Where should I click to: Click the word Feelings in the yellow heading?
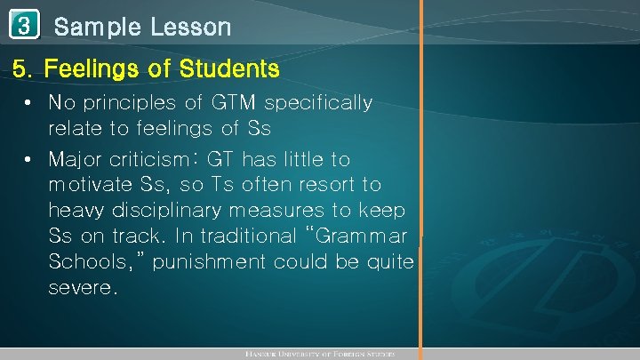click(87, 68)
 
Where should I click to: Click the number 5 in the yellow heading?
click(19, 68)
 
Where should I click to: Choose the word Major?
click(76, 160)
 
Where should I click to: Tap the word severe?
click(83, 289)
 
